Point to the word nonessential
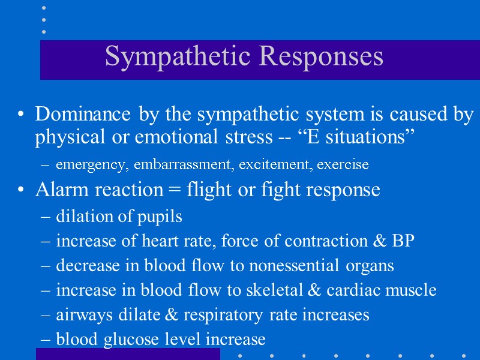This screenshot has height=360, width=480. (304, 266)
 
